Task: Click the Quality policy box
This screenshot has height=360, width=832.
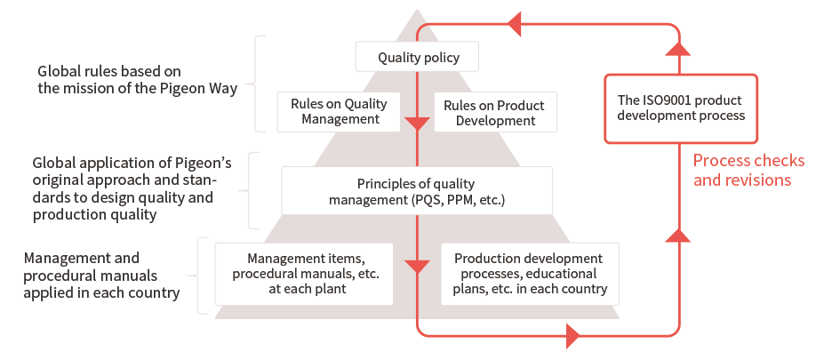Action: point(417,56)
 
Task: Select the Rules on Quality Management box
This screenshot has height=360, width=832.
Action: point(339,111)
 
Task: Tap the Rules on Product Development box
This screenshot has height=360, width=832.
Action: point(496,111)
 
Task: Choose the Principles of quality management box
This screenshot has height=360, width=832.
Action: point(417,190)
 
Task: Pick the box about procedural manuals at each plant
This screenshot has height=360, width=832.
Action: point(304,274)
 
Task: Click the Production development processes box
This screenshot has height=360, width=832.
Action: point(530,274)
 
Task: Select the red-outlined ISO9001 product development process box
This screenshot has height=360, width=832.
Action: point(681,108)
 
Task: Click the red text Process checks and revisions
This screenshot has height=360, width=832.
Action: point(748,171)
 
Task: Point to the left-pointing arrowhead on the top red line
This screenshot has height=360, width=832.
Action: point(514,24)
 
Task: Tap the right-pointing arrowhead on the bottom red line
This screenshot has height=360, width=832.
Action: point(573,336)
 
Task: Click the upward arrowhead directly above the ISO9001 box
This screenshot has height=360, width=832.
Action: point(677,48)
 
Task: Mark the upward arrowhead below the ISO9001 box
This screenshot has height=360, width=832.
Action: point(677,236)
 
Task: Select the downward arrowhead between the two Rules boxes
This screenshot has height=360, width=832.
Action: point(417,124)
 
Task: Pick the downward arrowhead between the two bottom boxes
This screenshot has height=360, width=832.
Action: point(417,267)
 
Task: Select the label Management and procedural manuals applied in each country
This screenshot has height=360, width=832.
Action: point(101,275)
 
